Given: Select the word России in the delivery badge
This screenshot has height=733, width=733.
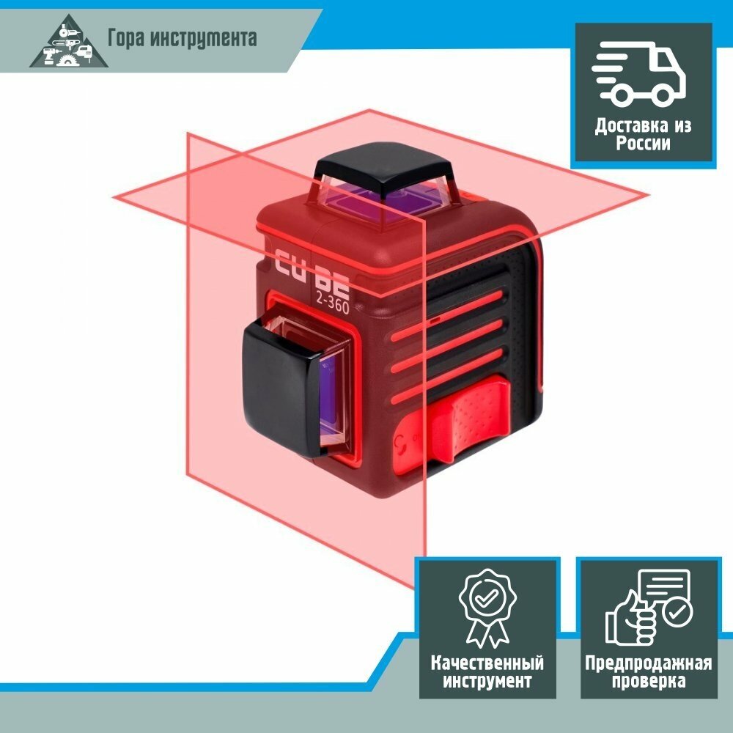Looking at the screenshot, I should [x=643, y=144].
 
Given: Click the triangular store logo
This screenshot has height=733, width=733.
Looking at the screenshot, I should [x=68, y=42].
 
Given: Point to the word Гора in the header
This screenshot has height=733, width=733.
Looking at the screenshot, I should [x=125, y=38].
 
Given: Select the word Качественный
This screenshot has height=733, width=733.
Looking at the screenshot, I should [x=487, y=663].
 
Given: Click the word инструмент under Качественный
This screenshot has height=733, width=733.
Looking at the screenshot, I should [x=487, y=682].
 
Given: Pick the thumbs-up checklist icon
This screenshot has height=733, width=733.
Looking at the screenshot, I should [x=647, y=608].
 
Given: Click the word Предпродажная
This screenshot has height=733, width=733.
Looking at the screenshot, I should [x=648, y=663].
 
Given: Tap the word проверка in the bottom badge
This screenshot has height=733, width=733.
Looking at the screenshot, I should [x=648, y=682].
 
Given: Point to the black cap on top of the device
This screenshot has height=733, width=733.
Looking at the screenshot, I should [x=385, y=167].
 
